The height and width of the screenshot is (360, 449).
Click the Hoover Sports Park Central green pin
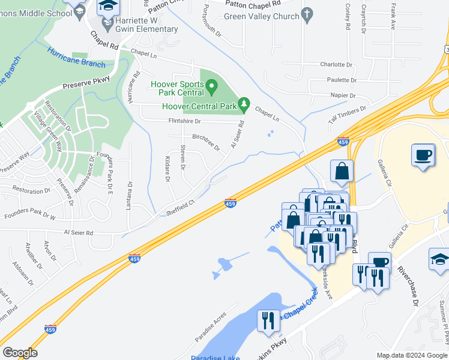pos(211,88)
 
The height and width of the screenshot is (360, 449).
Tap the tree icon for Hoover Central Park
pos(243,106)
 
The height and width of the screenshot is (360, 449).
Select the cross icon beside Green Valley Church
pos(307,13)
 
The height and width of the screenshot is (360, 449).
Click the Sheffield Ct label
pos(181,208)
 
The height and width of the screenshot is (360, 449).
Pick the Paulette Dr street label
pos(342,80)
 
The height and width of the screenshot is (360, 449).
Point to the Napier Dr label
pos(344,95)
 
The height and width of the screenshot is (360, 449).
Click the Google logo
pos(20,353)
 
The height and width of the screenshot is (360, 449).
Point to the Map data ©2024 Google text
pos(412,355)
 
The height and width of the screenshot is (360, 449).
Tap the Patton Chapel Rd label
pos(252,4)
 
